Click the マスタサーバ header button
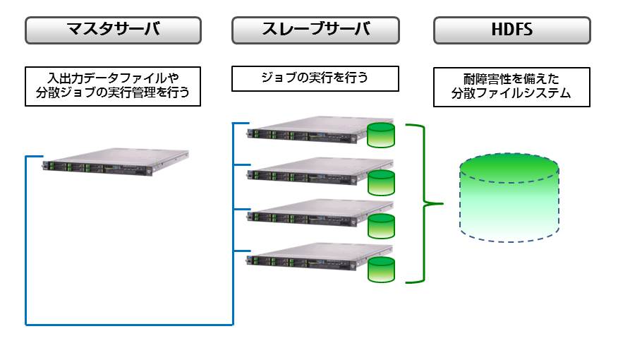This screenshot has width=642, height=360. [x=113, y=30]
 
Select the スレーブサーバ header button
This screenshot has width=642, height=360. [x=315, y=30]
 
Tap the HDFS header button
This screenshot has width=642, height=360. [x=511, y=30]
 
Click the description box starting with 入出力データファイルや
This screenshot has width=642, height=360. [x=113, y=86]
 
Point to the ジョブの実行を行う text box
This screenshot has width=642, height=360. [x=315, y=78]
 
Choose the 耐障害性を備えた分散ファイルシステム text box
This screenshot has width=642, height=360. [x=511, y=87]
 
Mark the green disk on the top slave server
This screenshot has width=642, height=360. [x=381, y=136]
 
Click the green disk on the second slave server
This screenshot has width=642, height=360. [x=381, y=181]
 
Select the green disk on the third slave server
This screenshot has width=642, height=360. [x=381, y=225]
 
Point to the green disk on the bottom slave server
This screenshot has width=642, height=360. [x=381, y=269]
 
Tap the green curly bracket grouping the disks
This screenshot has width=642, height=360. [x=423, y=204]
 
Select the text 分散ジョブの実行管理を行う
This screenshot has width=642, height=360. [x=113, y=92]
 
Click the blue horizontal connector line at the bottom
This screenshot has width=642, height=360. [x=129, y=325]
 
